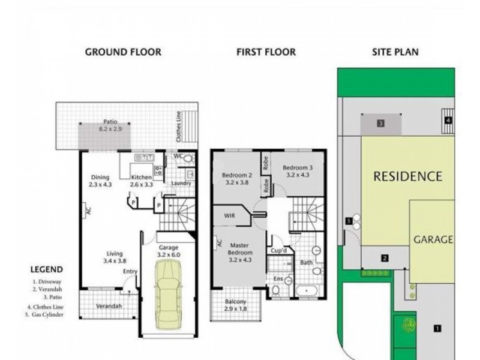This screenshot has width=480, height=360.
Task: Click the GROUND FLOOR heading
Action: click(x=123, y=52)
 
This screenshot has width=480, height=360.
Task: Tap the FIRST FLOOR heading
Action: click(x=266, y=52)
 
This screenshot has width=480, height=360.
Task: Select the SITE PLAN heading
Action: click(x=395, y=52)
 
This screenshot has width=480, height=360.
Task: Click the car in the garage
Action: click(x=168, y=296)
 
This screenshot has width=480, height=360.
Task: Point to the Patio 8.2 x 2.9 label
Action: click(x=109, y=125)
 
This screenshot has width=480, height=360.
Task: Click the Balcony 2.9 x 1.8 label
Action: click(x=235, y=305)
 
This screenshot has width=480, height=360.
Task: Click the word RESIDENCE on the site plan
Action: click(x=408, y=176)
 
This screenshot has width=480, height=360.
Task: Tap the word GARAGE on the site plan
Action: click(x=433, y=239)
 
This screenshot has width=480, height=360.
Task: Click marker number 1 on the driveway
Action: click(x=437, y=328)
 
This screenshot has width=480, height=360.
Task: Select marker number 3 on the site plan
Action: click(x=380, y=124)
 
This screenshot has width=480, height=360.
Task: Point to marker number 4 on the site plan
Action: click(x=449, y=120)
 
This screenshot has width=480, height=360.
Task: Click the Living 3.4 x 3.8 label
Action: click(x=113, y=257)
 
